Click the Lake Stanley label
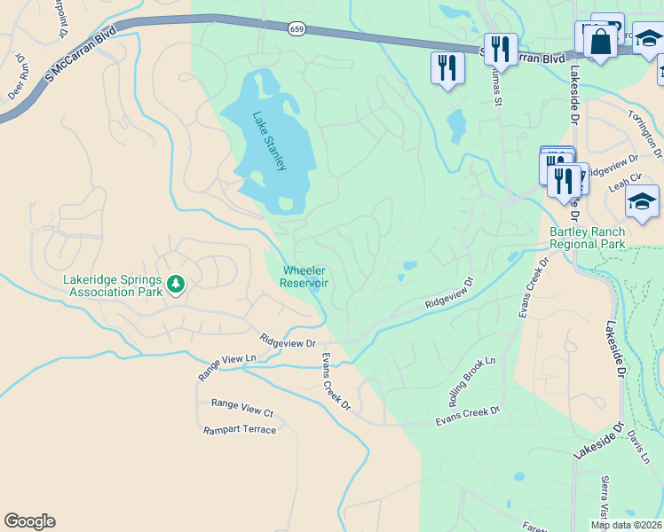[269, 141]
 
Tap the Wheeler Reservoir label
[304, 277]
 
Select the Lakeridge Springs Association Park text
[113, 284]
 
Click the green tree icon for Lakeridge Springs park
[176, 284]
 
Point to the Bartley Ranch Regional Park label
[587, 238]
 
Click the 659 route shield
[296, 29]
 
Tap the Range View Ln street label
[226, 367]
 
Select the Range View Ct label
[241, 408]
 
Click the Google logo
[29, 521]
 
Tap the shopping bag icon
[600, 43]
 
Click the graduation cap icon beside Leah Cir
[642, 203]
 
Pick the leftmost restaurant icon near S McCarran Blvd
[447, 67]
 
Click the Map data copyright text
[626, 524]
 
